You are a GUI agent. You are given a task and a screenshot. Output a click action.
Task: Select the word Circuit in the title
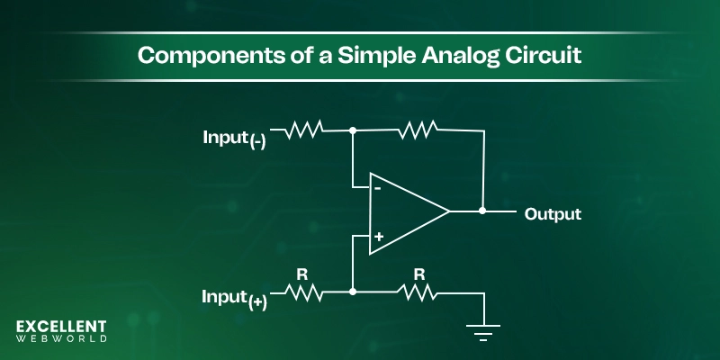coord(544,55)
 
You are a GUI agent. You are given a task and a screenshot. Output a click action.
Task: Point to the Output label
coord(553,214)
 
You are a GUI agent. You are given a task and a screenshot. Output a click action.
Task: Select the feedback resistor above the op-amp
coord(418,131)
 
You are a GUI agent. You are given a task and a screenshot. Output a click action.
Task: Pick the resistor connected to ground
coord(418,292)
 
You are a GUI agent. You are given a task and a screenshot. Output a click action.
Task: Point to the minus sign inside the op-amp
coord(378,189)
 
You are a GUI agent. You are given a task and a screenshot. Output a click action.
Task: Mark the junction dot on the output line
coord(483,212)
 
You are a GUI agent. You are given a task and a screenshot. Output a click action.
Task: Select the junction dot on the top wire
coord(353,131)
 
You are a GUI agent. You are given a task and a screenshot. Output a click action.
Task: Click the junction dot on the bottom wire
coord(353,292)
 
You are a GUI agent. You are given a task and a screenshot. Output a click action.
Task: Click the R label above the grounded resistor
coord(418,271)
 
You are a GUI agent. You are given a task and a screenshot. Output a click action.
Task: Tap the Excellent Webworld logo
coord(61,331)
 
